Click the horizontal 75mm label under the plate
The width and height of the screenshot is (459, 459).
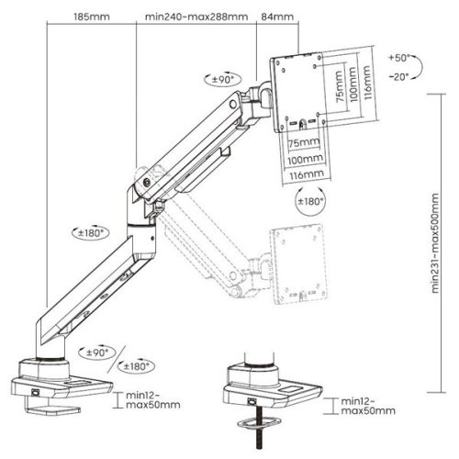click(x=299, y=144)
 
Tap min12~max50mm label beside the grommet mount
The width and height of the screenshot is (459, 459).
click(x=365, y=406)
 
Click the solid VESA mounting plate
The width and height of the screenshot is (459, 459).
click(x=298, y=92)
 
